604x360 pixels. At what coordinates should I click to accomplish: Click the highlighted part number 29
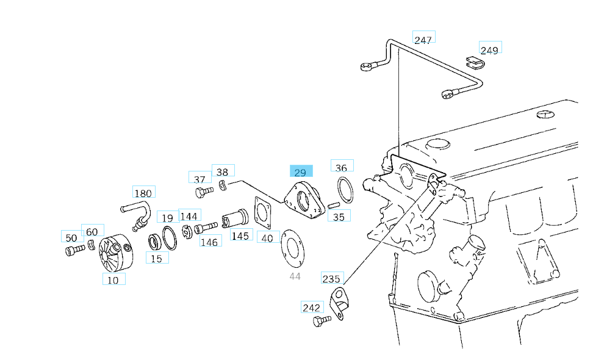301,173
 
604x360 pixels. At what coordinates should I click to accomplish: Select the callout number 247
423,40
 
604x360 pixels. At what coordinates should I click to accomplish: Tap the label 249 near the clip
489,49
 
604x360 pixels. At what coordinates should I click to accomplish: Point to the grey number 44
295,276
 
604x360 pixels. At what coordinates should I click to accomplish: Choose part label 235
331,279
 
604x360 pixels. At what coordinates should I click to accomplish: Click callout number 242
311,307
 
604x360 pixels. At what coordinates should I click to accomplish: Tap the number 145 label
240,236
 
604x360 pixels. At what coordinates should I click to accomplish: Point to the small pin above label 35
334,205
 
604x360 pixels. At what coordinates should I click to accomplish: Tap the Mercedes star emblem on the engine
544,114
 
